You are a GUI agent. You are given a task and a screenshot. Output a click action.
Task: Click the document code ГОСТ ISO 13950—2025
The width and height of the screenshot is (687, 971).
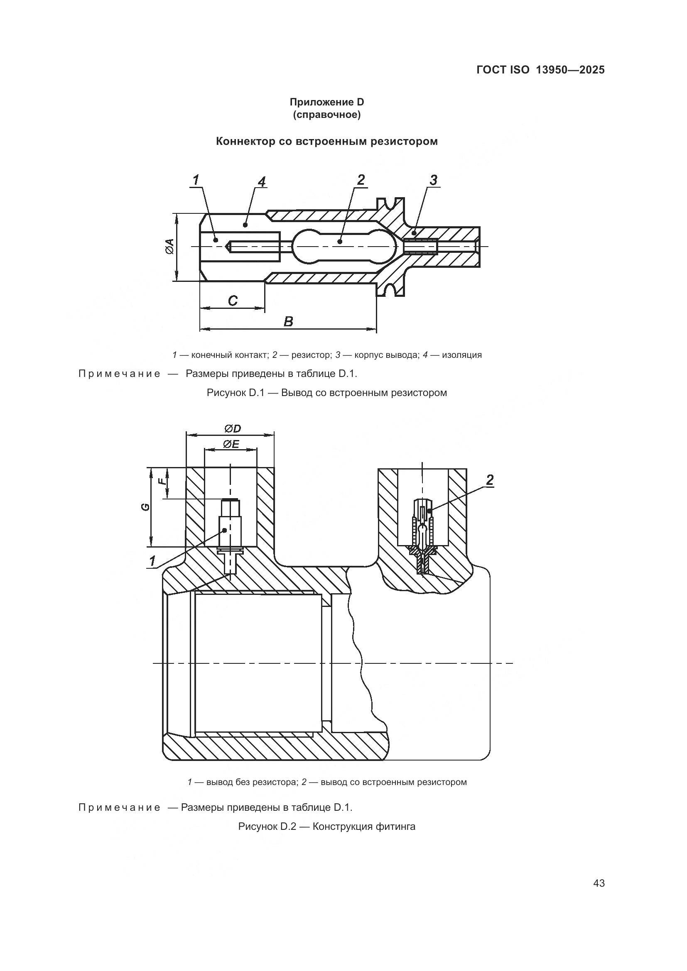click(540, 70)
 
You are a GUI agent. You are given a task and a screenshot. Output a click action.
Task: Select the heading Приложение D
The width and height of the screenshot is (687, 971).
click(326, 102)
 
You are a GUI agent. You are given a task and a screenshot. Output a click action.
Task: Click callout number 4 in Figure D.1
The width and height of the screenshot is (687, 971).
click(262, 182)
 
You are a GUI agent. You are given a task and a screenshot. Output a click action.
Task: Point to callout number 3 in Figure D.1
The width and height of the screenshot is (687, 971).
click(433, 180)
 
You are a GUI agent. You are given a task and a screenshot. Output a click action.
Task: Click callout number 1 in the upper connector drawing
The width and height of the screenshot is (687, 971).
click(196, 180)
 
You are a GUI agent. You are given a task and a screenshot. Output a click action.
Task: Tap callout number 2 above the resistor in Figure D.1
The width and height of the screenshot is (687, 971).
click(361, 180)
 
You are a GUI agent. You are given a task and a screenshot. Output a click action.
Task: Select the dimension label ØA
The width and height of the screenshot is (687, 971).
click(169, 246)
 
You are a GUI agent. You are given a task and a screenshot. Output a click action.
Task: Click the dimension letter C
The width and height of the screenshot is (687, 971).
click(232, 301)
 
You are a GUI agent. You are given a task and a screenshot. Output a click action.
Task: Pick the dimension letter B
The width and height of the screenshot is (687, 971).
click(288, 322)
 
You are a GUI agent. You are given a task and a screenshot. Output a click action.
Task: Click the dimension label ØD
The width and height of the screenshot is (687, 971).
click(232, 429)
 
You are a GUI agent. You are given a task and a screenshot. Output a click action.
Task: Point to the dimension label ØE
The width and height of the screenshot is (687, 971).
click(231, 444)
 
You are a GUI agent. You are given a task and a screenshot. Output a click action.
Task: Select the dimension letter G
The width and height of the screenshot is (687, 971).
click(145, 506)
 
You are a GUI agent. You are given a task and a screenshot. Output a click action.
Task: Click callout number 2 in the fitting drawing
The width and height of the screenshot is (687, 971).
click(489, 480)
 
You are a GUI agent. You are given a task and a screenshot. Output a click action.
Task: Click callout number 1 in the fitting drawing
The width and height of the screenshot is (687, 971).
click(152, 561)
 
